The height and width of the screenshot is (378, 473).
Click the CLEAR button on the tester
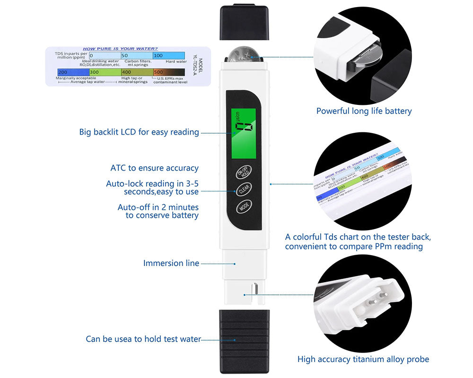[244, 189]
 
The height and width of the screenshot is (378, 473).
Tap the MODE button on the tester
[245, 206]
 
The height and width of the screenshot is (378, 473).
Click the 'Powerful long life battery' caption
[364, 111]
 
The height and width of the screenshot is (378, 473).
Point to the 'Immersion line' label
[171, 263]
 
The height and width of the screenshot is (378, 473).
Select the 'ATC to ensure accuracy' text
[155, 168]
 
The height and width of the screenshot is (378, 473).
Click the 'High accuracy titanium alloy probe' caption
[363, 359]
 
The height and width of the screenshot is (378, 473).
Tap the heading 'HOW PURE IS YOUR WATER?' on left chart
[120, 49]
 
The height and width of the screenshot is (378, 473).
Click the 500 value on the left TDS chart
[158, 72]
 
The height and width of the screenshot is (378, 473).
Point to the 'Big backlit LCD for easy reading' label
[139, 132]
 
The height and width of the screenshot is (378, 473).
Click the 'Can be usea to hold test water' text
[143, 339]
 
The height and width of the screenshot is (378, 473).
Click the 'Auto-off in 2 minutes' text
[158, 207]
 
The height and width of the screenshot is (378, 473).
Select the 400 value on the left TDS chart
[126, 72]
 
